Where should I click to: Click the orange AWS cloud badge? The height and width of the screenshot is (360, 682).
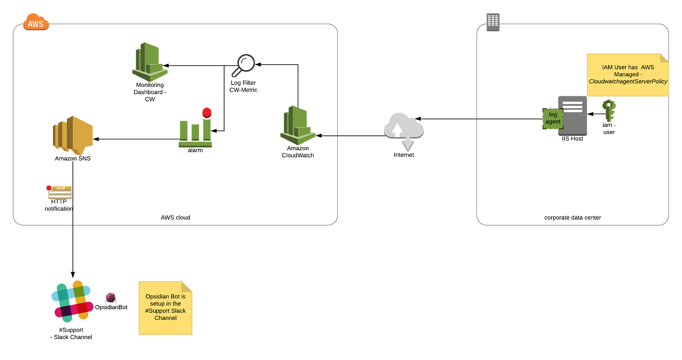coord(36,22)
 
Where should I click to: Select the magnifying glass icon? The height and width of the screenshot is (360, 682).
coord(243,65)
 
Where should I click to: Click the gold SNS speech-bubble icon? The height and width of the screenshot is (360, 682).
coord(73,135)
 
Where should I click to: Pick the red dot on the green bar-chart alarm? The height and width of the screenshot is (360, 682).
coord(207,112)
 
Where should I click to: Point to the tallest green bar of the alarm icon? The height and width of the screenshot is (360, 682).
coord(207,130)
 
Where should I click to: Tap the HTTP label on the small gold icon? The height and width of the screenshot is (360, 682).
coord(61,188)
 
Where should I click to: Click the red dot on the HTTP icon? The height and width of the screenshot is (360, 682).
coord(49,187)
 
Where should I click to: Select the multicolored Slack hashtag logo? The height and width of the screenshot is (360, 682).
coord(72,301)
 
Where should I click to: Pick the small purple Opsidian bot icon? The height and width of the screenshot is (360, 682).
coord(110,297)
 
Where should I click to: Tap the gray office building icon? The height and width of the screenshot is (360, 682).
coord(493,21)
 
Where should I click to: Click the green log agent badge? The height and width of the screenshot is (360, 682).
coord(552,118)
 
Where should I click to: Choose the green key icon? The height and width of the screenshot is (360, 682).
coord(609,110)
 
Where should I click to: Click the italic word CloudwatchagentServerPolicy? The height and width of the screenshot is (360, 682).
coord(628,81)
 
